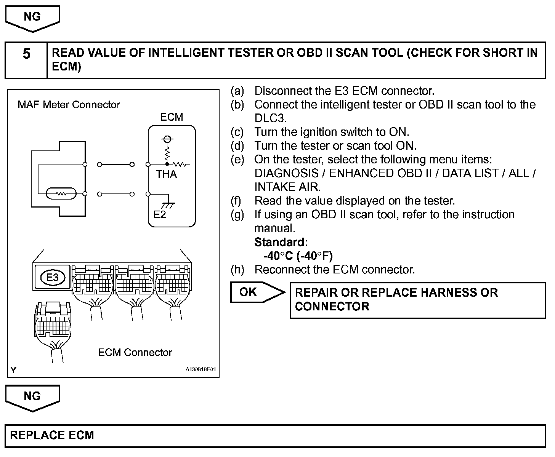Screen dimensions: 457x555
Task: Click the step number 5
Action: (x=26, y=54)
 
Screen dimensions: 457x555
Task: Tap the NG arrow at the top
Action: (x=32, y=18)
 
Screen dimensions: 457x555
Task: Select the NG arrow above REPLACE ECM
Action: (x=32, y=397)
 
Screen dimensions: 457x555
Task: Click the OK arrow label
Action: (x=249, y=292)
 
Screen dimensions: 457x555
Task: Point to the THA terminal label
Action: (x=166, y=174)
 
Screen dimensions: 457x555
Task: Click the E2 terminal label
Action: (x=160, y=215)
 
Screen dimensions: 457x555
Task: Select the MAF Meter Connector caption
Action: (x=69, y=105)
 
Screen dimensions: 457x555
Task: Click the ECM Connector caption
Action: (x=135, y=352)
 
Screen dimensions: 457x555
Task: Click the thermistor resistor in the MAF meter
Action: (x=61, y=194)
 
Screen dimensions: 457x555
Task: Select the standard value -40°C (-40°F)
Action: (x=298, y=256)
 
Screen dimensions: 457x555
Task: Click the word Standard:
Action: (x=281, y=242)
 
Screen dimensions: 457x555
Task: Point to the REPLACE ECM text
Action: (x=52, y=435)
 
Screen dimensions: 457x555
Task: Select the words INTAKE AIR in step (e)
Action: (x=287, y=187)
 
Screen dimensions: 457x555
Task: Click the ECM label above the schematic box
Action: (x=172, y=117)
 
